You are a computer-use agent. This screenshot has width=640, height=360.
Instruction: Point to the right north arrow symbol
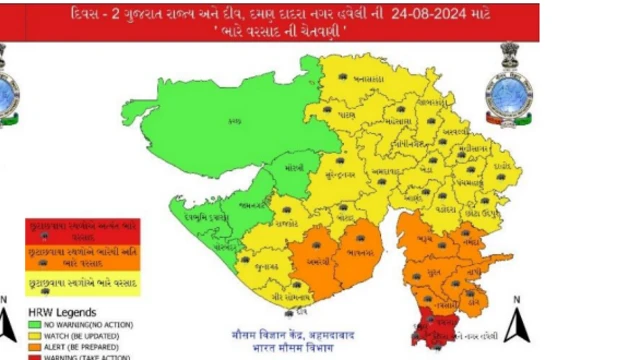click(x=516, y=321)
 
